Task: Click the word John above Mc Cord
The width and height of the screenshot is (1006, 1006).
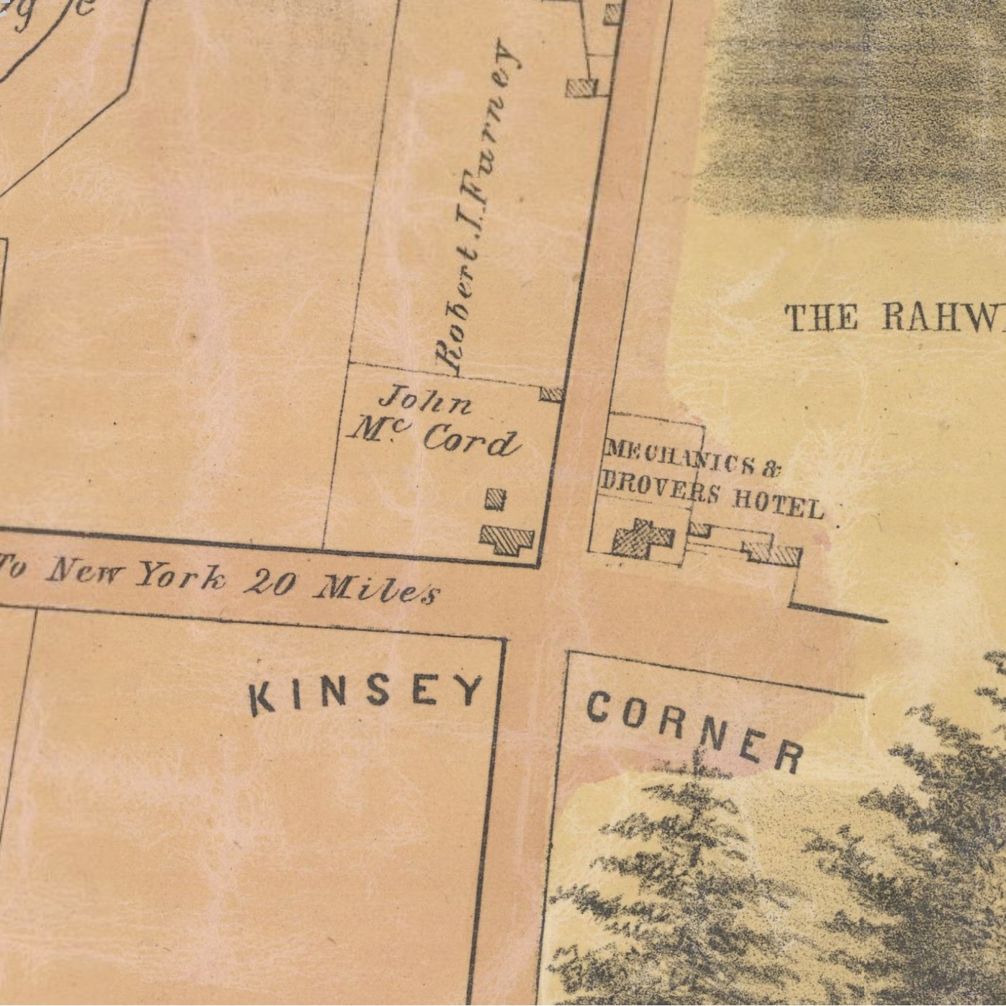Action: pos(427,402)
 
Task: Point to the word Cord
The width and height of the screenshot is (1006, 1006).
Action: pos(471,440)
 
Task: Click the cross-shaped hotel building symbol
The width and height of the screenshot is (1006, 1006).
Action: pos(643,538)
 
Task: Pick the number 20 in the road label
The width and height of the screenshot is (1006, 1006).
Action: pos(269,584)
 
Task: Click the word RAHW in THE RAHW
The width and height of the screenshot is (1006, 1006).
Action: pos(943,317)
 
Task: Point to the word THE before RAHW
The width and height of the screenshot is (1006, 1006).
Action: pos(820,317)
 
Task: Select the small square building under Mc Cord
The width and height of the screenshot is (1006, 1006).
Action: pos(495,499)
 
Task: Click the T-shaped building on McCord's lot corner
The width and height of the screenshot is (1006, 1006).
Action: pos(507,538)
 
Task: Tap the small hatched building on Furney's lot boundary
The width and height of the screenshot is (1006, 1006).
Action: pos(551,394)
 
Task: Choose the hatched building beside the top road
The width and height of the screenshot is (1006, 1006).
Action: pos(581,88)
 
